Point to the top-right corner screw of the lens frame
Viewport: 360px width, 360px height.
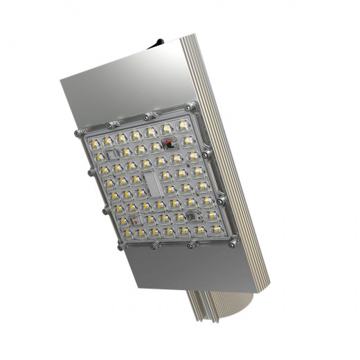click(193, 107)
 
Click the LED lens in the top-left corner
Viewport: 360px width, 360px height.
click(94, 141)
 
